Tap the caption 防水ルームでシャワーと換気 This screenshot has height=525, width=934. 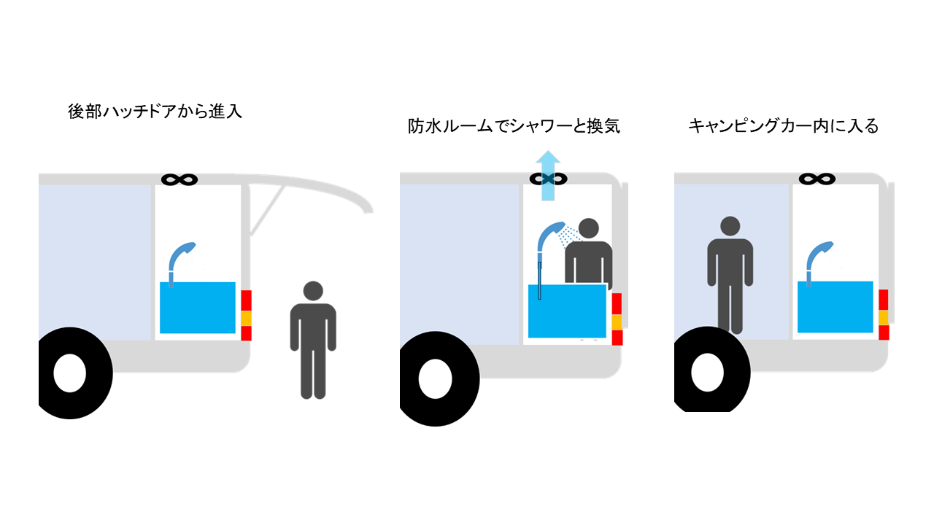click(x=514, y=126)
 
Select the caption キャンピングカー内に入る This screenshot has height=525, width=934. click(x=783, y=126)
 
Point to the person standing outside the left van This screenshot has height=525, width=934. click(x=313, y=339)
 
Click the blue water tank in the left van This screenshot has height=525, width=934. click(x=197, y=307)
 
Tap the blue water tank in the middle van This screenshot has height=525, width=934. click(x=568, y=311)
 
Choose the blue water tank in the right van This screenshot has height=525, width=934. click(x=835, y=306)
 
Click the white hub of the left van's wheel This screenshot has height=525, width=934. click(x=69, y=373)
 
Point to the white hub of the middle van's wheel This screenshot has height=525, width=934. click(x=436, y=378)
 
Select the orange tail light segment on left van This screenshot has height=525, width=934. click(x=246, y=319)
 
